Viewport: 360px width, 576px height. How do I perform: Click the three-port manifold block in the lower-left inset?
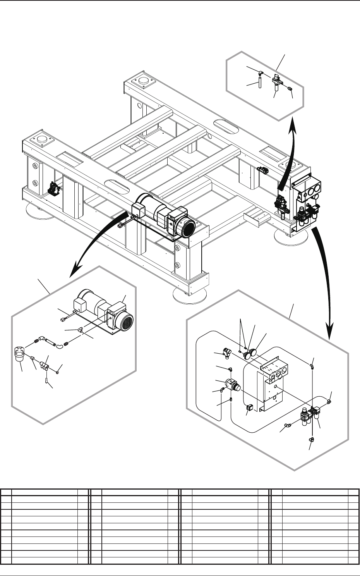(44, 364)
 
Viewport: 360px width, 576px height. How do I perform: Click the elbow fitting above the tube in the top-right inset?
(261, 72)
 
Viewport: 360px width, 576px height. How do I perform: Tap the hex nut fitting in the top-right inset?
(290, 89)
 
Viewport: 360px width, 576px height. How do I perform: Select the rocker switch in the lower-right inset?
(249, 408)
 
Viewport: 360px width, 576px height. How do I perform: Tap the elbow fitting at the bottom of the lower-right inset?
(312, 439)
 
